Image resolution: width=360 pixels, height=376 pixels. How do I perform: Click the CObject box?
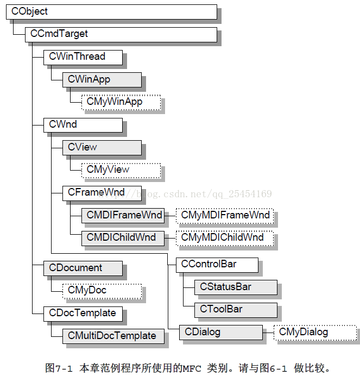[x=111, y=12]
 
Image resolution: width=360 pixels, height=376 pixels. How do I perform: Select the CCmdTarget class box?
[x=121, y=35]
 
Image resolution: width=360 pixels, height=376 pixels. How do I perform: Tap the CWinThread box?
[x=83, y=57]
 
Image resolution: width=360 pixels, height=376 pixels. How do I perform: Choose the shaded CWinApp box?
[x=102, y=80]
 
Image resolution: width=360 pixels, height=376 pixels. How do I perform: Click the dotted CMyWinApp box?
[x=121, y=102]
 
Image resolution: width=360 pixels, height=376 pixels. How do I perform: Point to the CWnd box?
[x=83, y=125]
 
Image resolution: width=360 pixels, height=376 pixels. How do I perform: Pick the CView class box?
[x=102, y=148]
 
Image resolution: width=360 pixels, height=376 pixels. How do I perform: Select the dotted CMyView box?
[x=121, y=171]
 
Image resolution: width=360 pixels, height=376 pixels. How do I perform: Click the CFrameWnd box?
[x=102, y=193]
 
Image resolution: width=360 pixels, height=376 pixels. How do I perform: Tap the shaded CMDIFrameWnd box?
[x=123, y=216]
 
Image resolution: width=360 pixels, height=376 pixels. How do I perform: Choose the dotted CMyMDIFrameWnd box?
[x=225, y=216]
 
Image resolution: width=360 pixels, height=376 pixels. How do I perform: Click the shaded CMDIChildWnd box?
[x=123, y=238]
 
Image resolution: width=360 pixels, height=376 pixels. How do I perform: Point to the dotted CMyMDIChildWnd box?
[x=225, y=238]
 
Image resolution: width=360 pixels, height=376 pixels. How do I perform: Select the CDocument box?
[x=83, y=268]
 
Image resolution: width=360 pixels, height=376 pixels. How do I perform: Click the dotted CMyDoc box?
[x=102, y=291]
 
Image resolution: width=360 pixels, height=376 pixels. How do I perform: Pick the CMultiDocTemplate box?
[x=113, y=336]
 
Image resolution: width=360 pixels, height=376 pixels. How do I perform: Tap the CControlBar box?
[x=217, y=265]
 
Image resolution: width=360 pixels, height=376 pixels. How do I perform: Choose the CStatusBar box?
[x=236, y=287]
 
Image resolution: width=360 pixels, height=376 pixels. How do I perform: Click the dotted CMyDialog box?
[x=315, y=333]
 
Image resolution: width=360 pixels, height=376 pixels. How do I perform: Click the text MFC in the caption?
[x=192, y=368]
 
